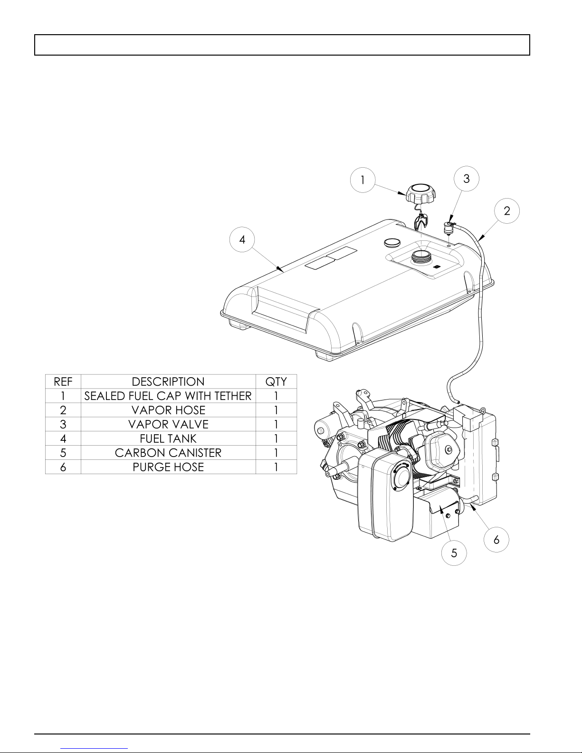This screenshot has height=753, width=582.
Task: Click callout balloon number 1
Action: (x=363, y=180)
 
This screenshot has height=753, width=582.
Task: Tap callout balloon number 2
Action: (x=507, y=210)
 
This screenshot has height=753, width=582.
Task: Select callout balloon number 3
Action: (x=467, y=179)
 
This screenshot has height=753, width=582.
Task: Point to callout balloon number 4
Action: (x=242, y=239)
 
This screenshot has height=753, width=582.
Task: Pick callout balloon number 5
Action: (x=454, y=553)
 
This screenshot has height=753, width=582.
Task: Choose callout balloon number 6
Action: (x=496, y=539)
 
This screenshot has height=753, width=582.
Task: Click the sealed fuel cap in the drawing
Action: (x=421, y=194)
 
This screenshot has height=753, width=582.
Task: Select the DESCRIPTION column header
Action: (x=168, y=381)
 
